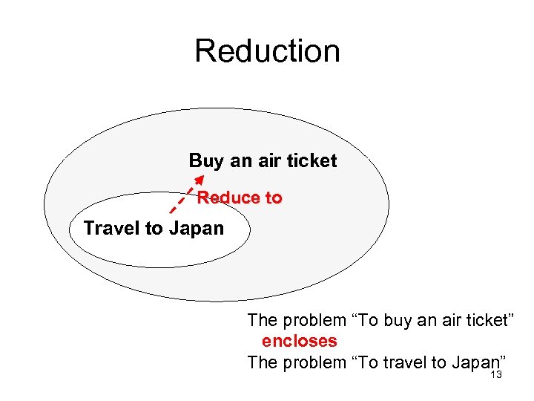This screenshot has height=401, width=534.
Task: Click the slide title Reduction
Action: [267, 51]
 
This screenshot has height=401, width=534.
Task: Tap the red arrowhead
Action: [199, 179]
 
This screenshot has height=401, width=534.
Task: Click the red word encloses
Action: [300, 342]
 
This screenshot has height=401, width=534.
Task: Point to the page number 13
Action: [496, 375]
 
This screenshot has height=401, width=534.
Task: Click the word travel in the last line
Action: [405, 362]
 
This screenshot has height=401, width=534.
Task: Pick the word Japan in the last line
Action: [472, 362]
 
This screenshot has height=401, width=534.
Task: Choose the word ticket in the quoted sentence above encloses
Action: [483, 321]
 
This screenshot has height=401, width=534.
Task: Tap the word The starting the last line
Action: [261, 362]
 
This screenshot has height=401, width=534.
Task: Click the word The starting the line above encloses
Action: [261, 321]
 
